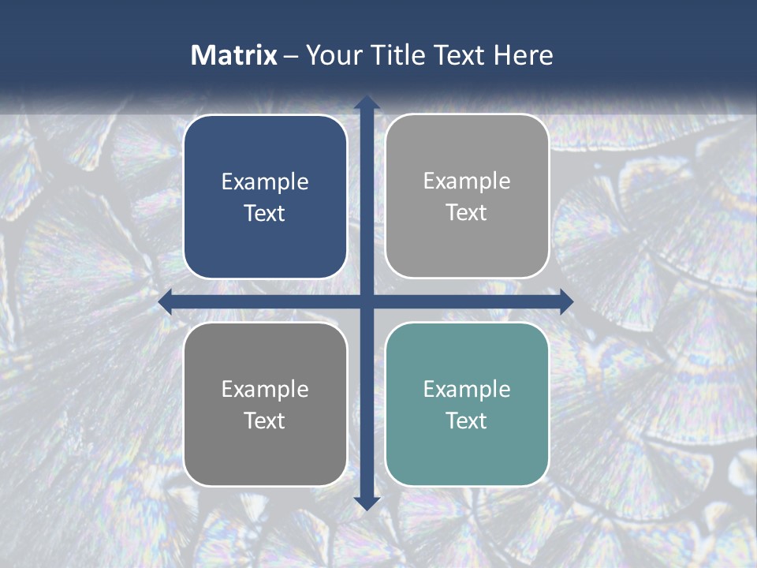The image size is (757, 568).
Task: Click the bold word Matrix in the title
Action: coord(233,55)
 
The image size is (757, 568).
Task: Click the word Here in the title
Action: coord(524,55)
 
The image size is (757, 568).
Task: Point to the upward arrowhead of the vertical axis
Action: coord(367,103)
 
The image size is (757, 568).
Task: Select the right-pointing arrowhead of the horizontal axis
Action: coord(566,302)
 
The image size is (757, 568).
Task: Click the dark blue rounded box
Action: coord(265,197)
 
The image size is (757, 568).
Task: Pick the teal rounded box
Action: coord(467,404)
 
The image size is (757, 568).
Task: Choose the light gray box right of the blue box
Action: coord(467,196)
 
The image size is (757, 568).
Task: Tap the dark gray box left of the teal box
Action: coord(265,404)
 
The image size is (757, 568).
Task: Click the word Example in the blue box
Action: coord(265,182)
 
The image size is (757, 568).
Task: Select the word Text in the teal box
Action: coord(467,420)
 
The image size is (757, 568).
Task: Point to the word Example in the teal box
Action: coord(467,389)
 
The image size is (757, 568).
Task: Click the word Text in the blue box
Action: coord(265,214)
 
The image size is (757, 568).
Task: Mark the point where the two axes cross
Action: coord(367,302)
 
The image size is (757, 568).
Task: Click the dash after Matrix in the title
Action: coord(291,56)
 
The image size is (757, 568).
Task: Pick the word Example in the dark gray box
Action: coord(265,389)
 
